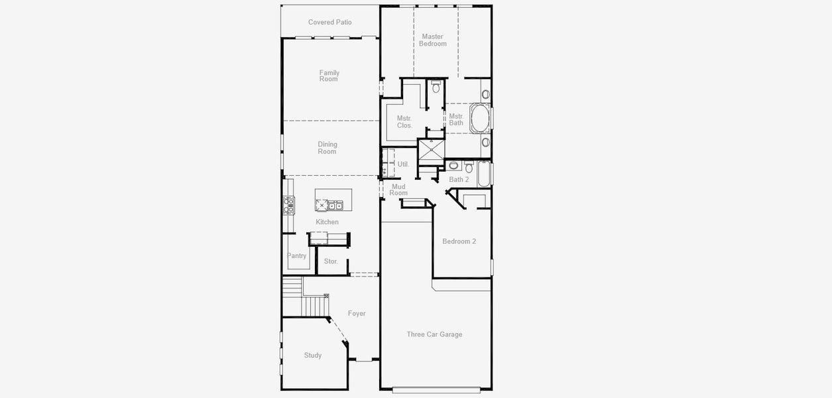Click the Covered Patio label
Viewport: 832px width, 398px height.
point(329,23)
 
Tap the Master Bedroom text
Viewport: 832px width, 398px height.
point(432,40)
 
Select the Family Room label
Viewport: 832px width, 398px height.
point(329,76)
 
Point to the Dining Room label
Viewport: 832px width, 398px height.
point(327,148)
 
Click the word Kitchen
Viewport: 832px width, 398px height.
point(327,222)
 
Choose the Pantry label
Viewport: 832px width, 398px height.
point(296,256)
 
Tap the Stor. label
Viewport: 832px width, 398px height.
point(331,261)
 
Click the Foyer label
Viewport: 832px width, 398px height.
point(357,314)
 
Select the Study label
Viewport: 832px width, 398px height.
point(313,356)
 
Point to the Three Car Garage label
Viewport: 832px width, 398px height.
point(434,334)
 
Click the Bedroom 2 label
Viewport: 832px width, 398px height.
point(459,241)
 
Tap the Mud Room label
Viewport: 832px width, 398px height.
point(398,190)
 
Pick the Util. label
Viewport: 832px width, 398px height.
point(403,164)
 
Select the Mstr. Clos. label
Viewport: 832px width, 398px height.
point(404,122)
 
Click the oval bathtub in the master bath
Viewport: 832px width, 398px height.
point(480,119)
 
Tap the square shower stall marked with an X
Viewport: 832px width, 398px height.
point(431,150)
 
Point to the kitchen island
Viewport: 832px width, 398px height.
point(333,200)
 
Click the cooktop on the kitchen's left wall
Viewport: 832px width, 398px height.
point(288,205)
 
